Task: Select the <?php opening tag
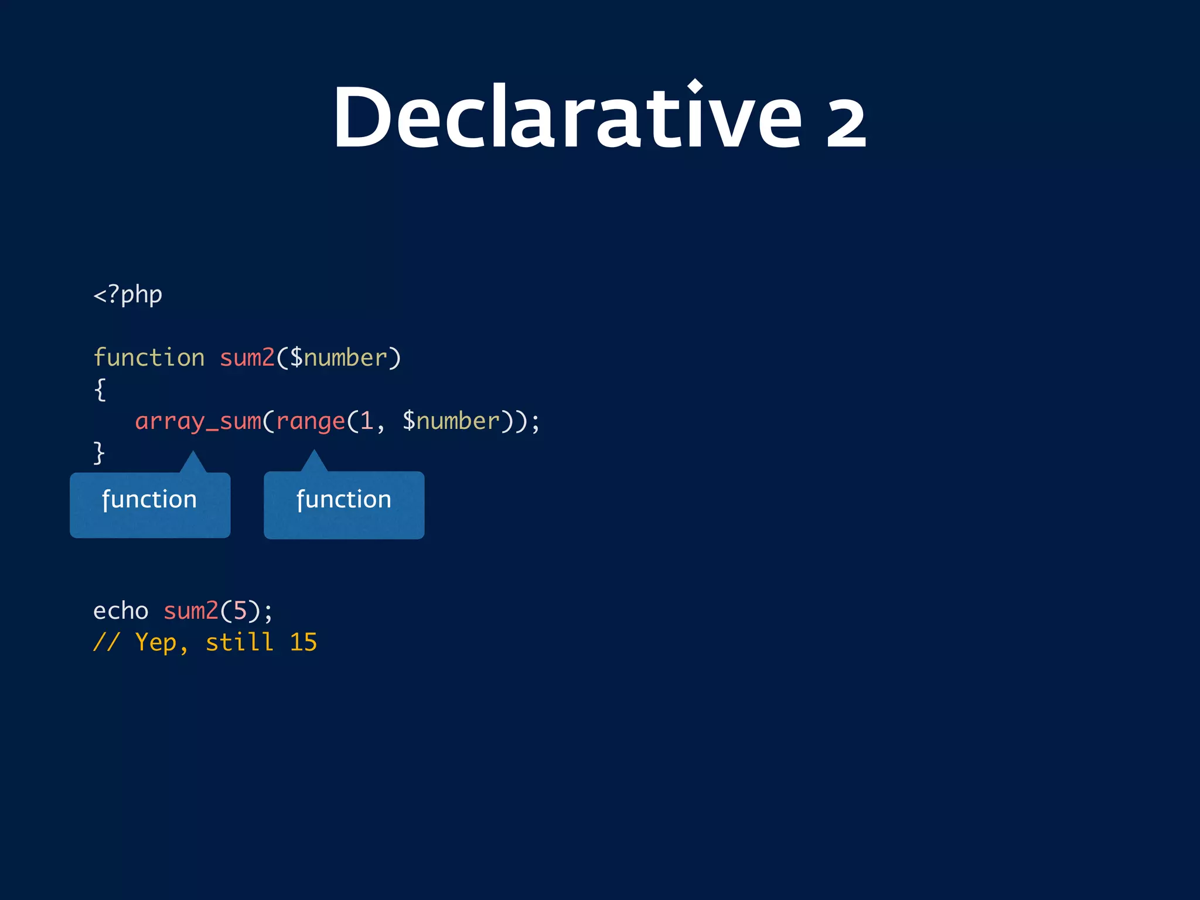coord(128,295)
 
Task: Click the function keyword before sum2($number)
coord(149,357)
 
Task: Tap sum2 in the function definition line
coord(247,357)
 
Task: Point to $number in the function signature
coord(338,357)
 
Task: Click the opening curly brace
coord(100,390)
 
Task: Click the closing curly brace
coord(99,453)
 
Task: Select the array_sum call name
coord(198,421)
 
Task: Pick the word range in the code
coord(311,421)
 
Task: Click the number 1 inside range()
coord(367,421)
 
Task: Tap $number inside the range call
coord(451,421)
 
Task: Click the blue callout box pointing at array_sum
coord(150,504)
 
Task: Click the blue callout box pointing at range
coord(344,504)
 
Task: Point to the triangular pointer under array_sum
coord(193,463)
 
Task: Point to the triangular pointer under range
coord(314,462)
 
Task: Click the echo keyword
coord(121,611)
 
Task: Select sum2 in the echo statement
coord(190,611)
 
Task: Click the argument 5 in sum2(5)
coord(240,611)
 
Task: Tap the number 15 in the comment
coord(304,643)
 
